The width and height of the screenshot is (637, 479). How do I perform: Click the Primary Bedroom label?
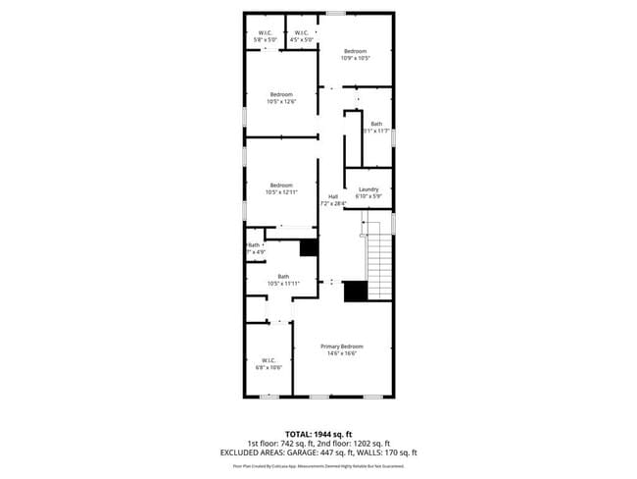pos(342,346)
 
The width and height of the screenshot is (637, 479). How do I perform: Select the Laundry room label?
pos(368,189)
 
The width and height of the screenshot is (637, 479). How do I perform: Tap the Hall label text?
pos(333,196)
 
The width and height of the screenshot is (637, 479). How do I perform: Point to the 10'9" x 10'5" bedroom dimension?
pos(355,59)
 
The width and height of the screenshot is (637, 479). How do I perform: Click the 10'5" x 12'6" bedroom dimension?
pos(281,101)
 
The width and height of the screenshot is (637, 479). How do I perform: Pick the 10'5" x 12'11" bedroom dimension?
pos(281,192)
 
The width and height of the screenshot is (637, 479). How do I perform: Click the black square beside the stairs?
pos(355,291)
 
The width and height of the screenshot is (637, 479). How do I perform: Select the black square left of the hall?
pos(309,247)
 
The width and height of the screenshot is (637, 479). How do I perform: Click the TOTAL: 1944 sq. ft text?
pos(318,434)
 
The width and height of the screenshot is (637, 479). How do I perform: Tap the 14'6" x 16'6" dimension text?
pos(342,353)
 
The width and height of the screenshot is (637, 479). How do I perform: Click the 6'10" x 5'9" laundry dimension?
pos(368,196)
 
